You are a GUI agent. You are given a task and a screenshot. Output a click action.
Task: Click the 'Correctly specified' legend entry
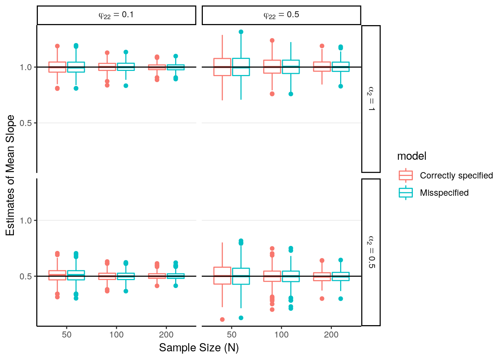coord(456,175)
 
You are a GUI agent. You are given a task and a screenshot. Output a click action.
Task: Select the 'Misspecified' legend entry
coord(444,193)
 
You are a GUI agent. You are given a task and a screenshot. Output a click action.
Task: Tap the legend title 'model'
coord(411,156)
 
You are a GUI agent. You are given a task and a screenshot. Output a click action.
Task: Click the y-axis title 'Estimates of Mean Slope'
coord(10,175)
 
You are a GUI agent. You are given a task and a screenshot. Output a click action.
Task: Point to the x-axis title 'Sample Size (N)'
coord(199,348)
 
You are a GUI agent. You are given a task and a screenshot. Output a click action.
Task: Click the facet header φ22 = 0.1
coord(116,15)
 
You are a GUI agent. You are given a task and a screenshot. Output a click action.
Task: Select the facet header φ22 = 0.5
coord(281,15)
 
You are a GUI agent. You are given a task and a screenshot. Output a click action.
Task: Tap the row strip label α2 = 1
coord(371,99)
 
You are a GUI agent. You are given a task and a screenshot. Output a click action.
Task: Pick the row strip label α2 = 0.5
coord(371,252)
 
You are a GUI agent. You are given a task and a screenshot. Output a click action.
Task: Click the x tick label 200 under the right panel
coord(331,335)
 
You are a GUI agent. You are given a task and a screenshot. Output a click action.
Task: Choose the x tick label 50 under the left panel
coord(67,335)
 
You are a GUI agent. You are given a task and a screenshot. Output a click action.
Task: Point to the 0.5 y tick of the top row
coord(26,123)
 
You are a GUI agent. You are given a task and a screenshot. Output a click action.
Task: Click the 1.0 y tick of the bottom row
coord(26,220)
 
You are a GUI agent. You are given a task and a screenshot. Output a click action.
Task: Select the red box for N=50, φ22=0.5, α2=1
coord(222,67)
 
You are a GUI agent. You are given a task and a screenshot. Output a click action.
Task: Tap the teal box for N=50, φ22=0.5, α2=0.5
coord(241,276)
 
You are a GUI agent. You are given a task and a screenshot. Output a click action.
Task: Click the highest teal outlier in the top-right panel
coord(241,32)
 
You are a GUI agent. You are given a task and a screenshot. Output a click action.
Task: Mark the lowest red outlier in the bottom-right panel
coord(222,319)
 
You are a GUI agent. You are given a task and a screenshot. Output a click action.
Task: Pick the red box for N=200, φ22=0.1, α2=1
coord(157,67)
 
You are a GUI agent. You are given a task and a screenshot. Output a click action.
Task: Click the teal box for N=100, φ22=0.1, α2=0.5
coord(126,276)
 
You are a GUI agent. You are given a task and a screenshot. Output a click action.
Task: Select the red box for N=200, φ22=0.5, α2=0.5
coord(322,277)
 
